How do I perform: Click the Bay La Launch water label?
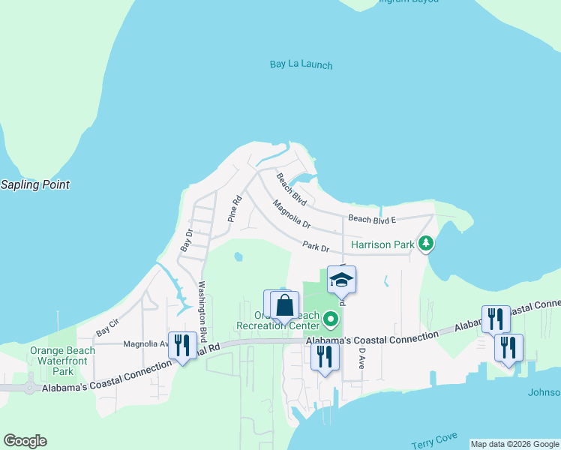click(x=301, y=64)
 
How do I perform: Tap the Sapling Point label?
click(x=34, y=184)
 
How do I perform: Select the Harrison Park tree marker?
click(x=426, y=244)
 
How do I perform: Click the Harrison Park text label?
click(x=383, y=244)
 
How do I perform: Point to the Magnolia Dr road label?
click(x=292, y=214)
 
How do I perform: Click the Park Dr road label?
click(x=316, y=245)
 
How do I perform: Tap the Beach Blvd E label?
click(x=372, y=219)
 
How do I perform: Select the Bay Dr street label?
click(x=187, y=241)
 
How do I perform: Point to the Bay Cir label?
click(x=107, y=328)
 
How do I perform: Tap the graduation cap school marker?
click(x=341, y=280)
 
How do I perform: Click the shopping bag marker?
click(x=284, y=306)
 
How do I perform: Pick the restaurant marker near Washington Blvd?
click(x=182, y=345)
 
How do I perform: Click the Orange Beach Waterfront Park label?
click(x=62, y=361)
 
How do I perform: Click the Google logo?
click(x=25, y=441)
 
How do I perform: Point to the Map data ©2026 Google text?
click(x=514, y=444)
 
